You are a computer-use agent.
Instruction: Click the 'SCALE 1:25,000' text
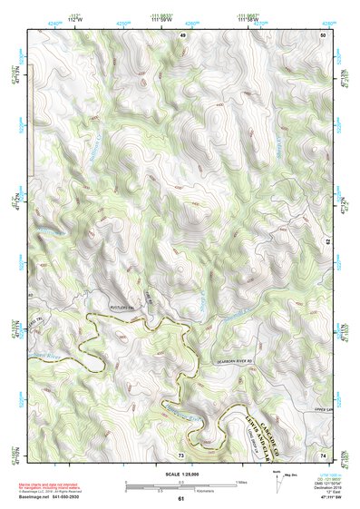click(x=180, y=475)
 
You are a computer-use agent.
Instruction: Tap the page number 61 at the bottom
click(x=180, y=498)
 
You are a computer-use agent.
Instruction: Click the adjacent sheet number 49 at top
click(x=181, y=34)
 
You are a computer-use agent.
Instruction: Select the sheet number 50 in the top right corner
click(x=322, y=34)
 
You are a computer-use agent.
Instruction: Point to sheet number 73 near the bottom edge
click(x=181, y=454)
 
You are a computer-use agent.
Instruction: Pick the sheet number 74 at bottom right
click(x=322, y=454)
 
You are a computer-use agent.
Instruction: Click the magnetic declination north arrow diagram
click(x=277, y=485)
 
